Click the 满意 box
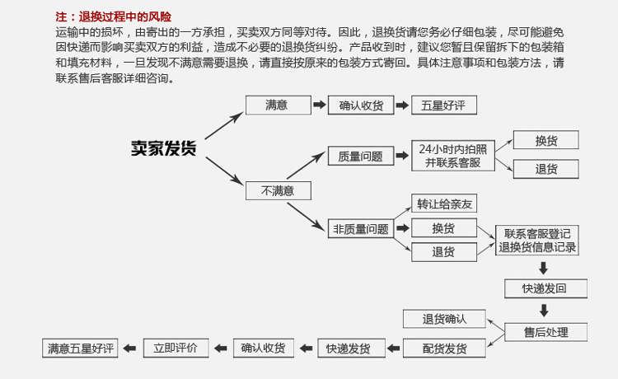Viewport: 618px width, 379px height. (277, 105)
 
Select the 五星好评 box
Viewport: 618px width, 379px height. (443, 105)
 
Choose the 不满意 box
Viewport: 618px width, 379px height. (278, 190)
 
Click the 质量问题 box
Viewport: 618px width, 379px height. (360, 156)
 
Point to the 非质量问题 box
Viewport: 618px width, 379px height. (360, 229)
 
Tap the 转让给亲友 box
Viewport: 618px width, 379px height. (443, 204)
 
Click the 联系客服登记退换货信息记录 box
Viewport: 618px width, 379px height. (537, 241)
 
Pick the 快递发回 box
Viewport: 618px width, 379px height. (545, 288)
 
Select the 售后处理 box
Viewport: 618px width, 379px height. (545, 332)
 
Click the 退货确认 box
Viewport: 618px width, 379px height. (444, 319)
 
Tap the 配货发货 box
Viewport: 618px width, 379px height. (444, 349)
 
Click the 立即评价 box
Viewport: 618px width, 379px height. (176, 349)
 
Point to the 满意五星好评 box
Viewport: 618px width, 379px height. (81, 349)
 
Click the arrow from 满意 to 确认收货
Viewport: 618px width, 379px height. (318, 105)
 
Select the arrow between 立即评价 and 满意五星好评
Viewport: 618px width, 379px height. (131, 349)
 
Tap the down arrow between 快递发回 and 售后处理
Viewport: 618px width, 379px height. (544, 311)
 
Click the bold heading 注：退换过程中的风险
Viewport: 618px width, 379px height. (114, 16)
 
